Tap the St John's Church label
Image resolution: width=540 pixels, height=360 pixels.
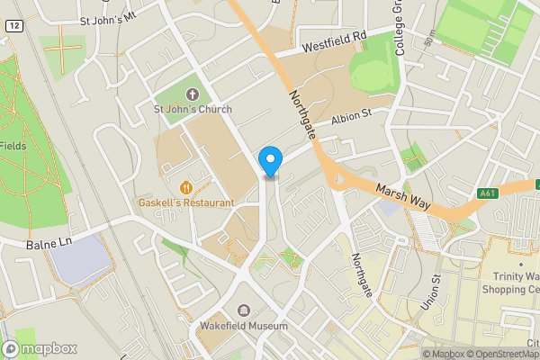[x=192, y=110]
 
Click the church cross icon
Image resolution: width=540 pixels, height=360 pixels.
[x=192, y=94]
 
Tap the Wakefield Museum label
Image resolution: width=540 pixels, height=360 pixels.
[x=244, y=326]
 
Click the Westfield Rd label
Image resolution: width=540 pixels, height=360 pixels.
[x=336, y=41]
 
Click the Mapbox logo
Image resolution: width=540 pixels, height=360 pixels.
[x=40, y=349]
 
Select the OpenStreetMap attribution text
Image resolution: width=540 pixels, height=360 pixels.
[x=505, y=354]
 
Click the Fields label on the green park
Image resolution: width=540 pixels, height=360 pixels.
[x=13, y=146]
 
